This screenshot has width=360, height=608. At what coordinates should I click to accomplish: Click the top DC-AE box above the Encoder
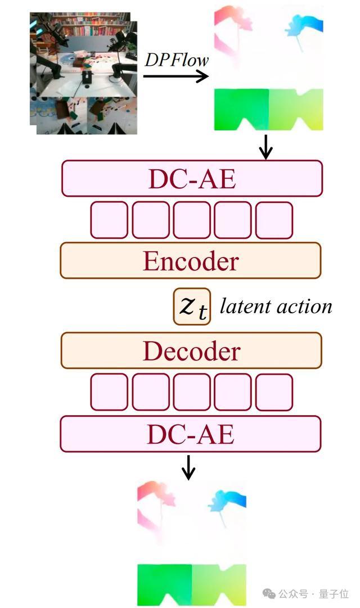(x=191, y=178)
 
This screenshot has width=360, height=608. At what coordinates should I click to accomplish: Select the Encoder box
(x=190, y=260)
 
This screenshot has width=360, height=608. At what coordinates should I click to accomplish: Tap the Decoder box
(x=191, y=350)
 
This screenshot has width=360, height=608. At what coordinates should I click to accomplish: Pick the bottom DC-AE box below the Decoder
(x=190, y=434)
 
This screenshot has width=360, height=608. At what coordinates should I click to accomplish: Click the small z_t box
(x=192, y=307)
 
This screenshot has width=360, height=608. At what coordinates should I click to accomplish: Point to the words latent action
(x=276, y=307)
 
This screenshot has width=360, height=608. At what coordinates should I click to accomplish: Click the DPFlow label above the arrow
(x=177, y=60)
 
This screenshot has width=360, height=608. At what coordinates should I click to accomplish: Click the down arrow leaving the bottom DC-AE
(x=189, y=467)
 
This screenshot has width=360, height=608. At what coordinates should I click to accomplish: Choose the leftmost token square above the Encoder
(x=109, y=220)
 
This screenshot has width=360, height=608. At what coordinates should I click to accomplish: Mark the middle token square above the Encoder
(x=191, y=220)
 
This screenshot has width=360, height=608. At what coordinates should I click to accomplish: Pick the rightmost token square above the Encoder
(x=274, y=220)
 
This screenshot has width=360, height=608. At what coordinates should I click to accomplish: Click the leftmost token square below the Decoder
(x=109, y=392)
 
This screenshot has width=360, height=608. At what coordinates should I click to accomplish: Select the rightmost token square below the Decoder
(x=274, y=392)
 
